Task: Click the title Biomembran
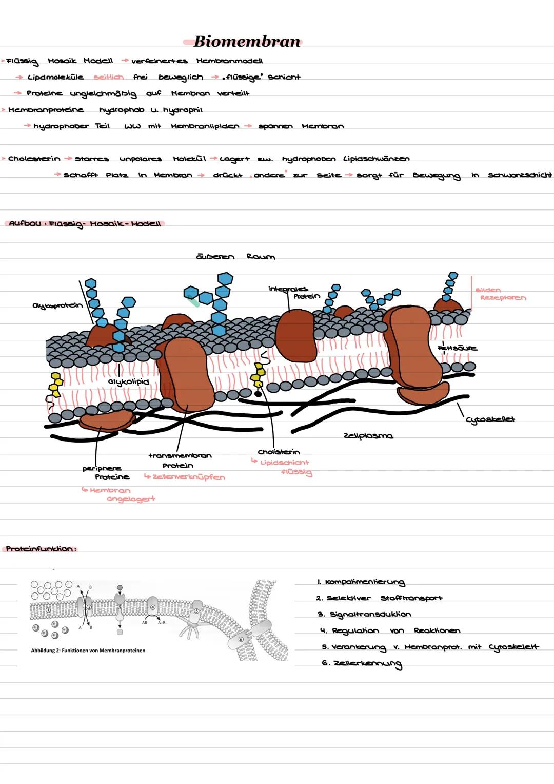tap(247, 41)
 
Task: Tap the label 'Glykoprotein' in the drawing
tap(57, 306)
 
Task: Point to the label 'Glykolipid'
tap(128, 382)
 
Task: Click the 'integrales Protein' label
tap(294, 293)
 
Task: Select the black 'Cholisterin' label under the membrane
tap(279, 452)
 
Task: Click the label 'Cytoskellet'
tap(490, 419)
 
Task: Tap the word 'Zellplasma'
tap(368, 436)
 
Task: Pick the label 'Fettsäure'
tap(457, 348)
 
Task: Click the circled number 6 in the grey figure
tap(241, 639)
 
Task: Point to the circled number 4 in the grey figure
tap(152, 607)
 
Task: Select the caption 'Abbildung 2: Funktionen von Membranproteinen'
tap(88, 651)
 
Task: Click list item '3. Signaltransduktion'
tap(364, 615)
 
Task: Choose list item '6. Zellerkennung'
tap(362, 664)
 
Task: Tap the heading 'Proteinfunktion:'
tap(41, 549)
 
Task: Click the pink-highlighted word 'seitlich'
tap(108, 77)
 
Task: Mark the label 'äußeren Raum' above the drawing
tap(235, 256)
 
